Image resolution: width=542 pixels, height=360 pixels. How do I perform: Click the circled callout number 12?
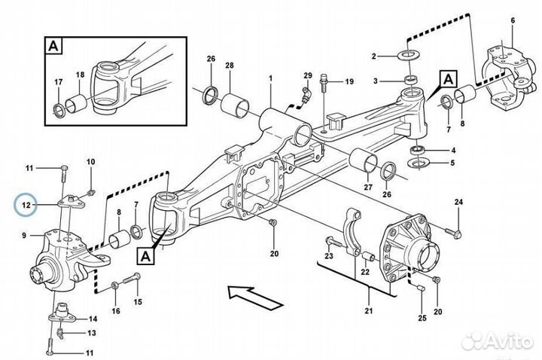click(x=26, y=204)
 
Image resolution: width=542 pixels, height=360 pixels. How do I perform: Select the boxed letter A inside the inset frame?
click(x=53, y=45)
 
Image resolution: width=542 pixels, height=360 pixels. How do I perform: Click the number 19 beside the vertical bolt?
click(x=349, y=81)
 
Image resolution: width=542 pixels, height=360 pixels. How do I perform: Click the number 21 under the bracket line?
click(x=368, y=310)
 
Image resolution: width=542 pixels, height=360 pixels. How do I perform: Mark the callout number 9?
click(x=25, y=236)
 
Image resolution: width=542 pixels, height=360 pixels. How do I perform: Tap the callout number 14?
click(x=93, y=318)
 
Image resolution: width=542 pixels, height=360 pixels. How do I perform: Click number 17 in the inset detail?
click(x=58, y=83)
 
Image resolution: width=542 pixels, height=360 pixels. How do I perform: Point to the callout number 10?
click(x=90, y=162)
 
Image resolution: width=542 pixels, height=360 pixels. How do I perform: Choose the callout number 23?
click(x=328, y=257)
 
